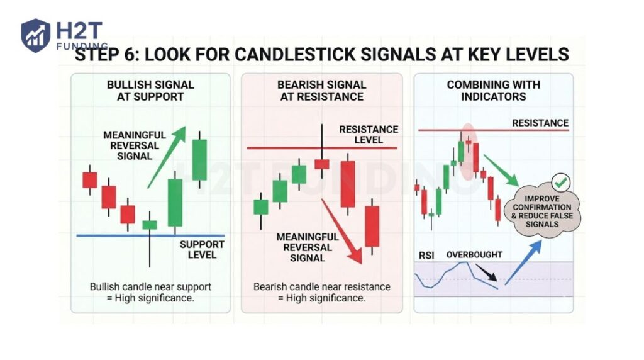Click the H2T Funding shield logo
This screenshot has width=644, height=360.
[35, 35]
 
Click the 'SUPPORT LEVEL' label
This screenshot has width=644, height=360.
[202, 249]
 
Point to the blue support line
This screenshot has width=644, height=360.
[113, 235]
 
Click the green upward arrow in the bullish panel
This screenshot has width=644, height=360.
[167, 155]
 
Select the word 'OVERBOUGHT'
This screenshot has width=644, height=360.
[474, 255]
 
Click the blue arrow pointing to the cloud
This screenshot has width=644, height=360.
[523, 261]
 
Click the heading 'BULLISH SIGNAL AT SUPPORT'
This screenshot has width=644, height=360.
[150, 91]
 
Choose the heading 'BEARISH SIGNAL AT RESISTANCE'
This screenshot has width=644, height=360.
[321, 91]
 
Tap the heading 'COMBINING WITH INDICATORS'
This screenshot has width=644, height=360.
[493, 91]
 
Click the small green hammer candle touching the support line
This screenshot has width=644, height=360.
[150, 225]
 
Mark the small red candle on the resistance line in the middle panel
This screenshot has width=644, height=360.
[322, 164]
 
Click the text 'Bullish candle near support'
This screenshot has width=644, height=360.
[150, 286]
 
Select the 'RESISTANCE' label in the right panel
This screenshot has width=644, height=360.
[540, 123]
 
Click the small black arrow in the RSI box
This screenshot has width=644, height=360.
[487, 273]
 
